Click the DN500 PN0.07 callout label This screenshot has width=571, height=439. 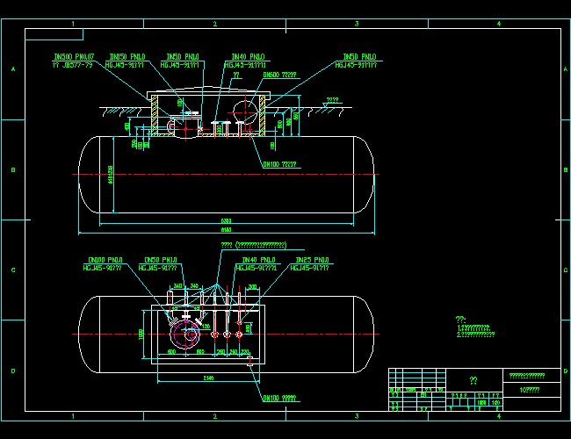click(72, 56)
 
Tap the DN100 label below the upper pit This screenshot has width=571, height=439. click(279, 164)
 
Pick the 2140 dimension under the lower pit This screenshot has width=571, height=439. click(206, 378)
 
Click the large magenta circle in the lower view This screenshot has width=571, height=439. click(186, 334)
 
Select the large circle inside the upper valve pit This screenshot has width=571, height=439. click(248, 112)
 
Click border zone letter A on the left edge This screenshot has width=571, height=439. click(12, 68)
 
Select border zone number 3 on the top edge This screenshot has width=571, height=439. click(357, 23)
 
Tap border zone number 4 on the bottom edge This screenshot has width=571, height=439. click(499, 415)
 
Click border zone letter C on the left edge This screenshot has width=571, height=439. click(12, 270)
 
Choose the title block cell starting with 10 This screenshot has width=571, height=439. click(530, 389)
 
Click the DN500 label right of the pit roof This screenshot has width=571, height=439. click(279, 76)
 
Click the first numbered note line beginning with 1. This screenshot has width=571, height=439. click(473, 327)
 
